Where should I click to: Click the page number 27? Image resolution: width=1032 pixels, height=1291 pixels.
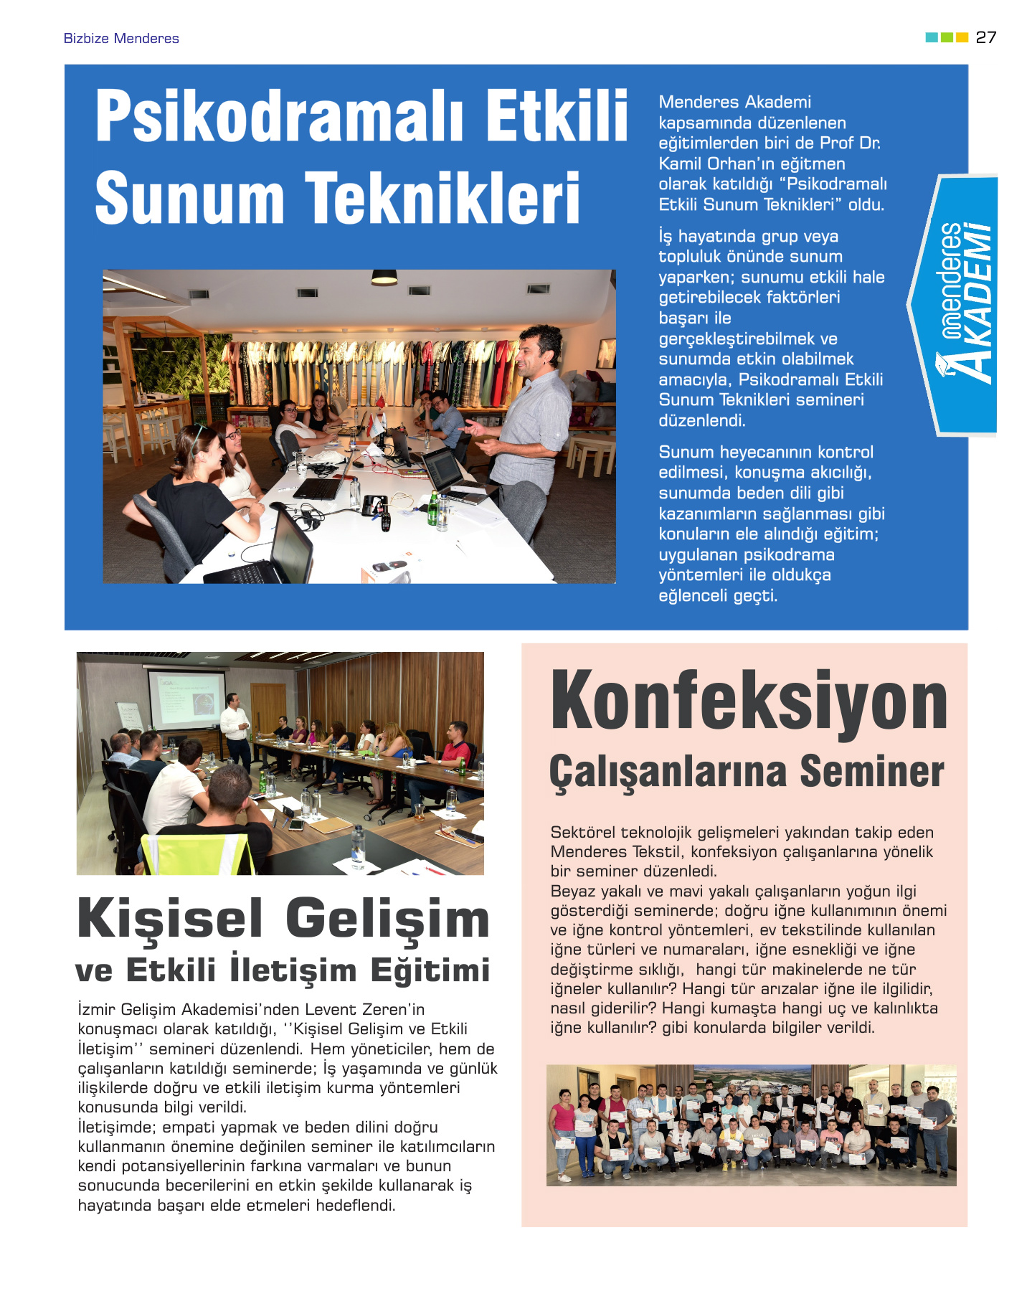point(986,37)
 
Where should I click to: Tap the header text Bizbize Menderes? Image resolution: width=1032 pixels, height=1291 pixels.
point(121,39)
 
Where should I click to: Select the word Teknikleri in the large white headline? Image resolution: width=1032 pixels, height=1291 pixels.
point(442,199)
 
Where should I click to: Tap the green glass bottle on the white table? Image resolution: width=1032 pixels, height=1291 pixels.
point(433,510)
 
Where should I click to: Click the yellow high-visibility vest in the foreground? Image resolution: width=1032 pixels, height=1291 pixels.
point(198,854)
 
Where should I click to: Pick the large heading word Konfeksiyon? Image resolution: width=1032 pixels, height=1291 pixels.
point(749,701)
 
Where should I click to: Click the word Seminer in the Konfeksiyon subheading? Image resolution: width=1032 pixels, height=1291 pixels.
point(871,772)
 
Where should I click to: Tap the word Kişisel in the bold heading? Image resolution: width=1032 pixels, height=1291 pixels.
point(171,919)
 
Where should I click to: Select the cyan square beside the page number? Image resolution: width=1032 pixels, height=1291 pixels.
point(932,37)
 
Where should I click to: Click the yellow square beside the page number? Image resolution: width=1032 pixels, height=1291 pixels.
point(962,37)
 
